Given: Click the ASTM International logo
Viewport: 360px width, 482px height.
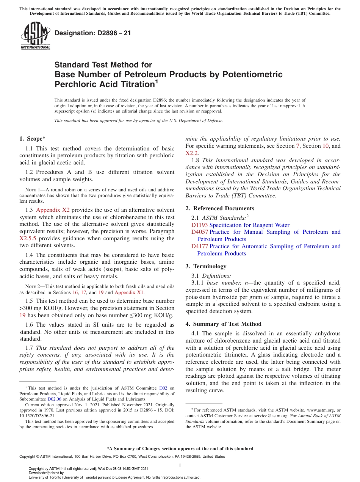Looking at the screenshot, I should pyautogui.click(x=35, y=36).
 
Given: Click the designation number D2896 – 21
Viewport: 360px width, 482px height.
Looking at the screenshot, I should pyautogui.click(x=93, y=33).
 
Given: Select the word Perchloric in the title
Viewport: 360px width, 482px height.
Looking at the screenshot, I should pyautogui.click(x=76, y=84).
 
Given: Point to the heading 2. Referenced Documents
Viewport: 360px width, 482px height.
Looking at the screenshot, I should pyautogui.click(x=220, y=208).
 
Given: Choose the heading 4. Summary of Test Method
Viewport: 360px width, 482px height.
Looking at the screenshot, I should pyautogui.click(x=223, y=324).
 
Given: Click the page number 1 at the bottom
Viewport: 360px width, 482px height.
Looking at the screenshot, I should pyautogui.click(x=180, y=466).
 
